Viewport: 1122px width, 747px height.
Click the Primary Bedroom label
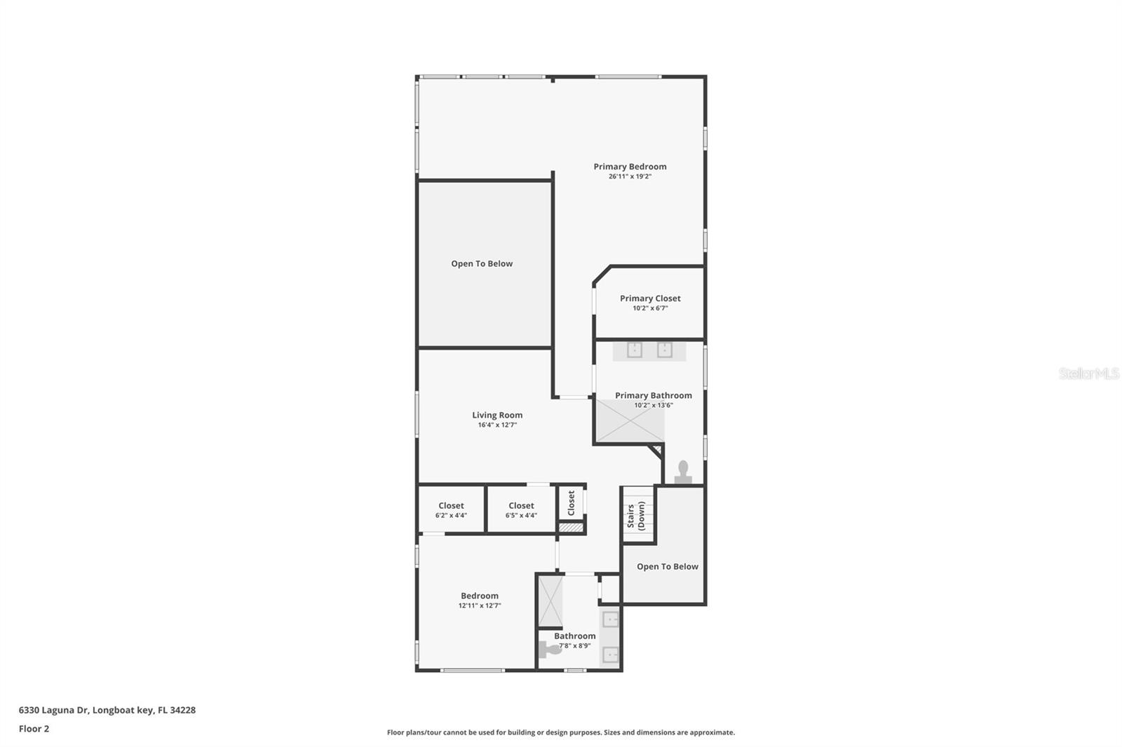pos(630,167)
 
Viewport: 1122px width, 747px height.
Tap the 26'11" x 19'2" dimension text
pos(630,177)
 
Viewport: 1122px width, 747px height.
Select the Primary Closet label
pos(650,299)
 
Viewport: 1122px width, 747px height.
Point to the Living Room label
pos(497,415)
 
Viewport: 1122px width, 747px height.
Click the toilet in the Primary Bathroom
pos(683,473)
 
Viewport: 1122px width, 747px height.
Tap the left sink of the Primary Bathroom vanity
pos(635,350)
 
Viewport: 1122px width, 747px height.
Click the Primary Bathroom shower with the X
pos(630,421)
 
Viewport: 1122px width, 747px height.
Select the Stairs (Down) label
pos(636,516)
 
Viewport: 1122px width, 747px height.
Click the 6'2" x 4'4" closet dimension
pos(451,516)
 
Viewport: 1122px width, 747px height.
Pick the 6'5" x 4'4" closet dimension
pos(521,516)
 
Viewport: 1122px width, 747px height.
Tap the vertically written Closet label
pos(571,502)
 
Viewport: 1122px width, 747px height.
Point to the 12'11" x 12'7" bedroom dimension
pos(480,605)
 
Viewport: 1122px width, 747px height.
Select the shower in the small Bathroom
pos(550,601)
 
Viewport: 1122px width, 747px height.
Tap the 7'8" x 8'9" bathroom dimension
pos(574,646)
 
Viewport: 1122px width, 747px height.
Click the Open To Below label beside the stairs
pos(667,567)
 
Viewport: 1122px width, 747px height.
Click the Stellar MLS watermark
pos(1088,373)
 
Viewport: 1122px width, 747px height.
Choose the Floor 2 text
pos(34,729)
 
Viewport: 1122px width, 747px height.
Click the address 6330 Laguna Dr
pos(107,710)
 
